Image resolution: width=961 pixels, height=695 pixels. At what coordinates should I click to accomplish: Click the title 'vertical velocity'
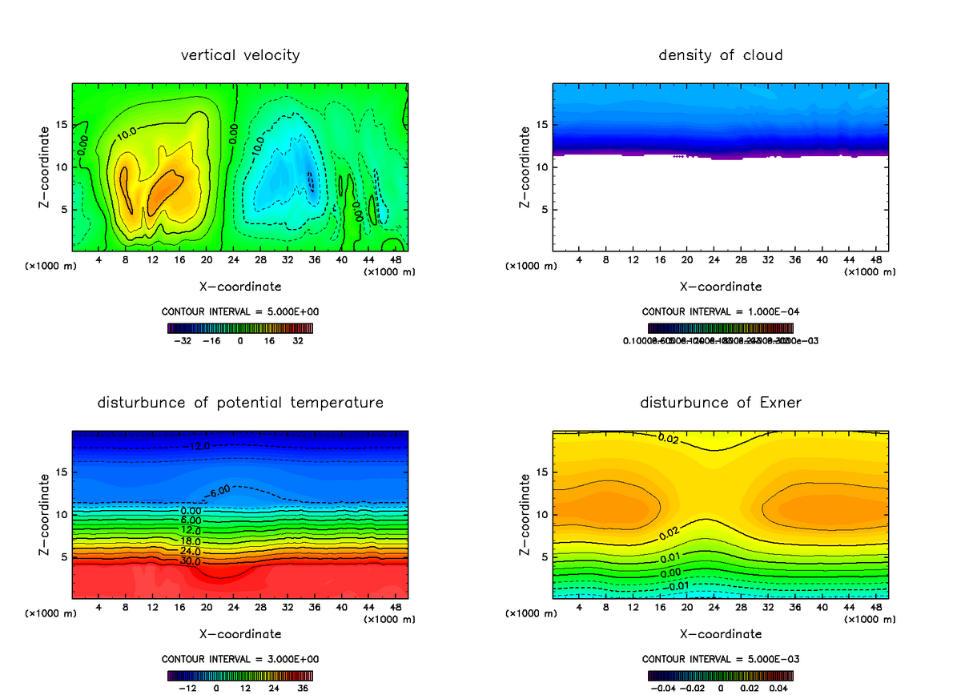coord(240,55)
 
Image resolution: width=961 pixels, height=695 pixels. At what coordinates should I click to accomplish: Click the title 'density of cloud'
coord(721,55)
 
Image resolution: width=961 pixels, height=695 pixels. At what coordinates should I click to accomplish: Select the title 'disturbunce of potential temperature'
coord(240,402)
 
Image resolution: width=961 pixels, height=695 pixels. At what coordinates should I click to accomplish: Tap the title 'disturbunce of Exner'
coord(721,402)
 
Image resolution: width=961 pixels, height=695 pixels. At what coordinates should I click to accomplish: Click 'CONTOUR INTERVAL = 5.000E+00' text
coord(240,311)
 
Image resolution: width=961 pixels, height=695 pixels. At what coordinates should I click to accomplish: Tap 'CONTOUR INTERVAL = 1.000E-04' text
coord(721,311)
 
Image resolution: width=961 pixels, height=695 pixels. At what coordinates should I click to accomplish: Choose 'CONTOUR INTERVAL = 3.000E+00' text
coord(240,659)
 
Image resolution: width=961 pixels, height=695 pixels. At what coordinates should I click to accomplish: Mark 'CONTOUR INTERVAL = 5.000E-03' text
coord(721,659)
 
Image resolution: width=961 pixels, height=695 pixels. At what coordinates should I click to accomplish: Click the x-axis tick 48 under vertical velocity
coord(395,259)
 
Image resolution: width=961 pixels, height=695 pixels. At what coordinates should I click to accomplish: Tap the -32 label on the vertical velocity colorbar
coord(184,340)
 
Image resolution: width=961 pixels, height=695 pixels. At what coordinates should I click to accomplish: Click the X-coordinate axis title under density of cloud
coord(721,286)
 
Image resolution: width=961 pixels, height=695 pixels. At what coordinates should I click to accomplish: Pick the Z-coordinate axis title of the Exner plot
coord(525,515)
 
